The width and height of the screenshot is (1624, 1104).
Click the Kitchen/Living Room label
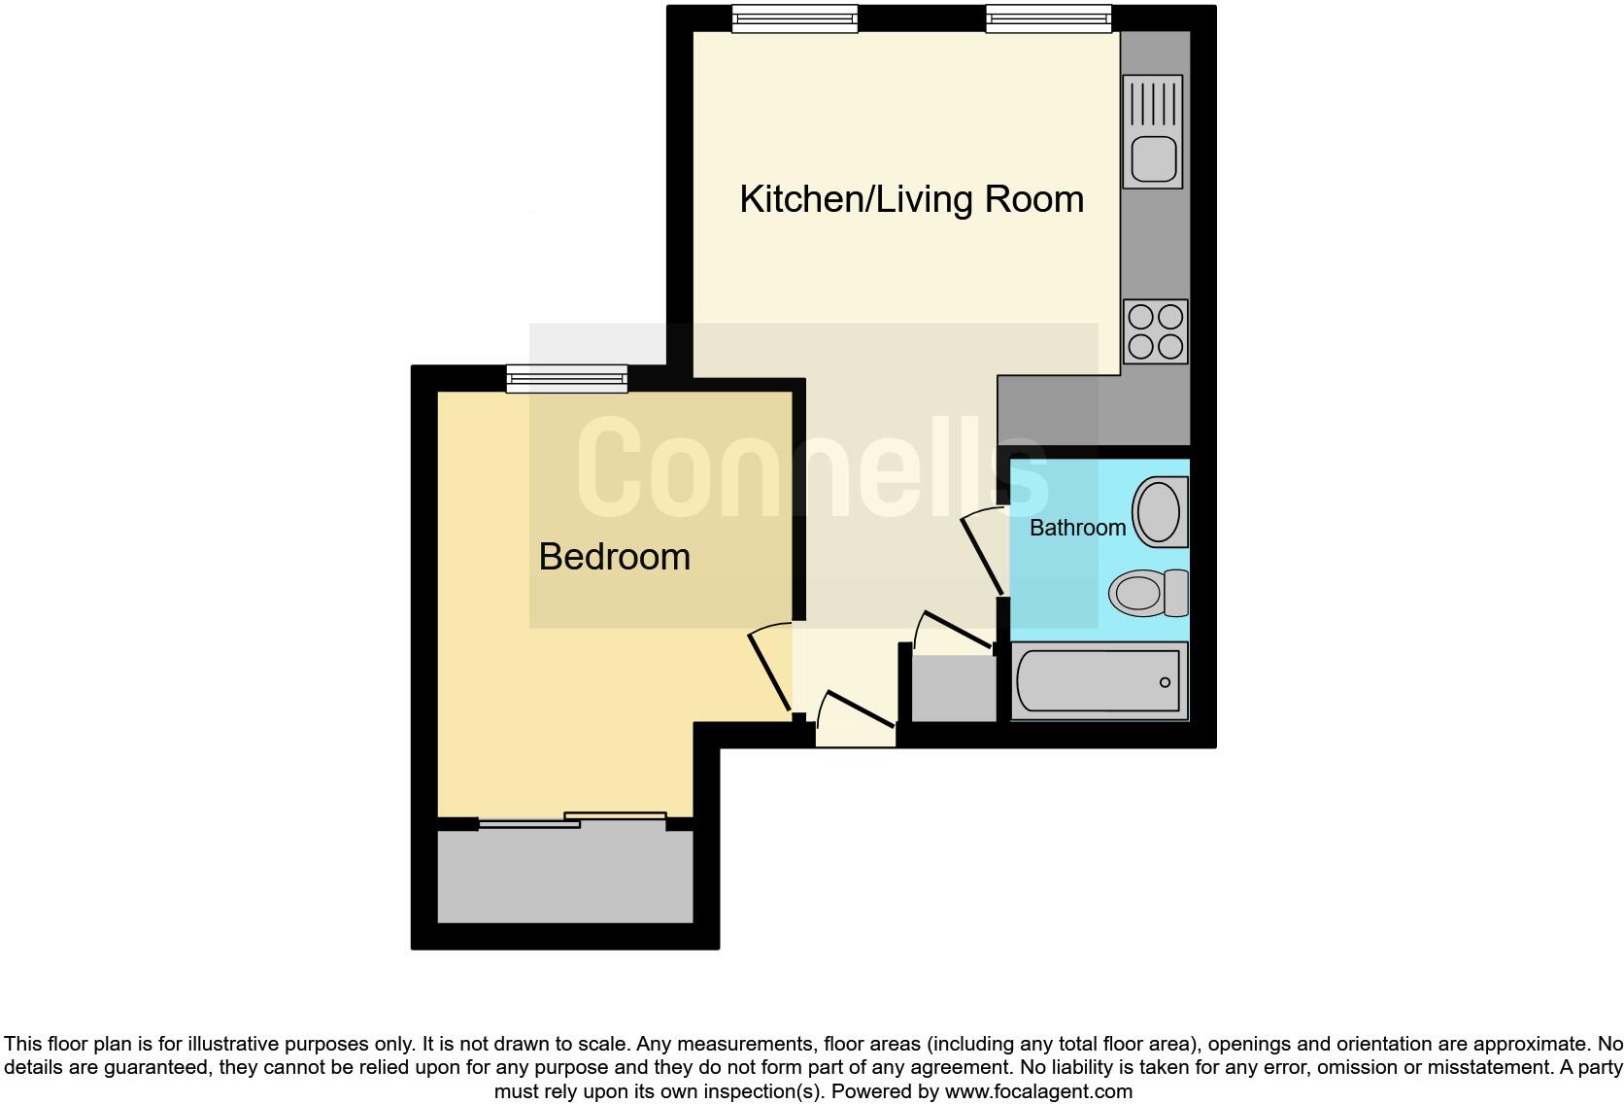point(911,199)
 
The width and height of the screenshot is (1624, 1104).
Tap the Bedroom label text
point(614,557)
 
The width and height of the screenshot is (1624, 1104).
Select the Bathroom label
point(1077,528)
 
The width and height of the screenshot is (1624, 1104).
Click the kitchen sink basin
point(1153,158)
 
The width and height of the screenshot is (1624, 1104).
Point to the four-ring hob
point(1155,331)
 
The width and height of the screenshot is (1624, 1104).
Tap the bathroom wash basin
point(1158,511)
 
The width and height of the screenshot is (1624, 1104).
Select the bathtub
point(1099,680)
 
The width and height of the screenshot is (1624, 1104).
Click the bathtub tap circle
point(1165,681)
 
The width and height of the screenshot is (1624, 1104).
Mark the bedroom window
point(566,378)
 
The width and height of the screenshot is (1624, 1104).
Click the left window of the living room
point(795,18)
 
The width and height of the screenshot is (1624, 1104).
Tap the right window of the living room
point(1048,18)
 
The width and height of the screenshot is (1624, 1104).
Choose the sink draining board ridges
point(1153,103)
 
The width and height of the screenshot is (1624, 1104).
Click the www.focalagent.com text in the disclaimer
point(1037,1091)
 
